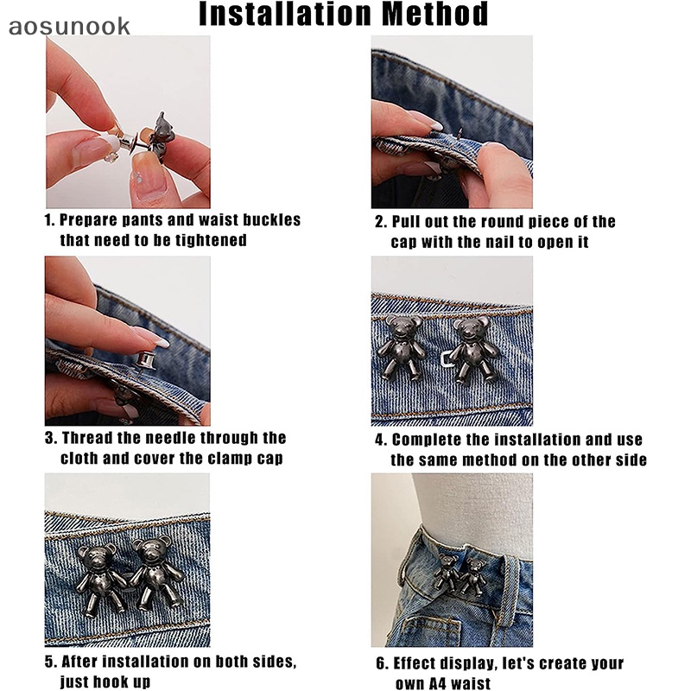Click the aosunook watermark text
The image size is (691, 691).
[x=69, y=26]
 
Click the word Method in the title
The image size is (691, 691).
[x=441, y=15]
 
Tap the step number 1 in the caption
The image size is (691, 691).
[x=48, y=220]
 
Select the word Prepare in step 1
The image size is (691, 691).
[x=90, y=220]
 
